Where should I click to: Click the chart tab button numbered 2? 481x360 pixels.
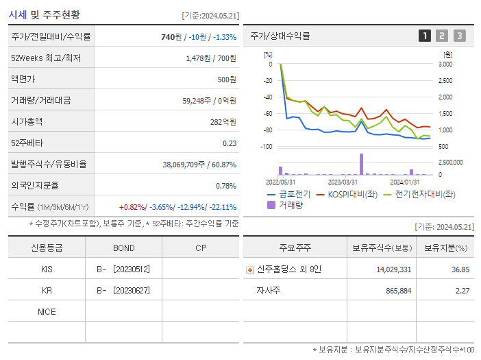[x=442, y=36]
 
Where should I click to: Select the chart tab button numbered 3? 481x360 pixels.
[x=459, y=36]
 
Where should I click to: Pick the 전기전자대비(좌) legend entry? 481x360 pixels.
[x=418, y=194]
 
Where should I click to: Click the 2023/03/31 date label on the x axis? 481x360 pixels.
[x=343, y=182]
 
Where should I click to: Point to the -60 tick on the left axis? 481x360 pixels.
[x=267, y=114]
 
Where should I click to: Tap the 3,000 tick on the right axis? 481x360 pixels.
[x=445, y=64]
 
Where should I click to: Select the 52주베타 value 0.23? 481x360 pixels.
[x=230, y=143]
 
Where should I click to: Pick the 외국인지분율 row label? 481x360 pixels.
[x=35, y=185]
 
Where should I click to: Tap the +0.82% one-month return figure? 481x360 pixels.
[x=132, y=206]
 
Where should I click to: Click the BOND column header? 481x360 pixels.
[x=123, y=248]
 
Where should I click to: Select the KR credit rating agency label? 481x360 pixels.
[x=47, y=290]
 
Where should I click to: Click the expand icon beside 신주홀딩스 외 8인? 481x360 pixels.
[x=250, y=269]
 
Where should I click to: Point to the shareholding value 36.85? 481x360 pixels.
[x=459, y=269]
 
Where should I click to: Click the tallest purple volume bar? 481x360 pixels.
[x=361, y=164]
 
